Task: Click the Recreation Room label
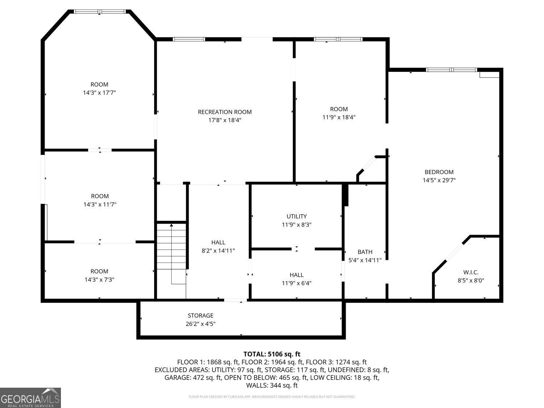pos(224,112)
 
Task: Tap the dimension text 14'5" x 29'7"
pos(439,180)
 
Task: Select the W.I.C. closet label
pos(471,272)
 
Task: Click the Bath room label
pos(365,252)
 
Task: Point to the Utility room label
pos(296,217)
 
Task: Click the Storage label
pos(201,316)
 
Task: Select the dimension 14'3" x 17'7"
pos(99,93)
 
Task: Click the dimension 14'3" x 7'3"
pos(99,280)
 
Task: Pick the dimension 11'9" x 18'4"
pos(339,118)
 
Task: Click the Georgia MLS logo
pos(30,398)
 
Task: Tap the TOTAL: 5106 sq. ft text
pos(272,354)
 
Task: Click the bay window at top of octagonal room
pos(100,12)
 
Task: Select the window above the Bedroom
pos(451,70)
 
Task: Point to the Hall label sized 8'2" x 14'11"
pos(218,242)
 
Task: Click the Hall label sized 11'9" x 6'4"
pos(296,275)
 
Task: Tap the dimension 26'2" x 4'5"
pos(201,324)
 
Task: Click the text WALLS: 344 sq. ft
pos(272,385)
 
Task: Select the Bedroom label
pos(439,172)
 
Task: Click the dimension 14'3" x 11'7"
pos(99,205)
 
